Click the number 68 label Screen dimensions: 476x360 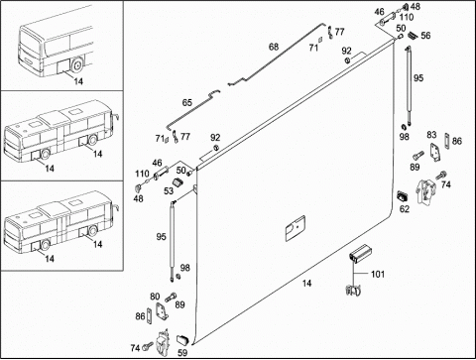(x=274, y=47)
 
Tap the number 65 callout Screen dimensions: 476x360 (x=187, y=103)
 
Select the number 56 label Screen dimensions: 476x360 (x=425, y=36)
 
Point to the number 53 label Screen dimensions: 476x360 (x=169, y=191)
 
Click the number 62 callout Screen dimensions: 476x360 (x=405, y=209)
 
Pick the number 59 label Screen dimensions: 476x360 (x=182, y=353)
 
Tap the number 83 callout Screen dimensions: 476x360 (x=431, y=135)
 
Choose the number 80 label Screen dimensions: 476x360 (x=155, y=297)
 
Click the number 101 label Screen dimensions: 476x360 (x=378, y=274)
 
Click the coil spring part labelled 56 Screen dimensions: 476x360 (x=413, y=35)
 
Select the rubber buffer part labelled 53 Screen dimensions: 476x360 (x=178, y=182)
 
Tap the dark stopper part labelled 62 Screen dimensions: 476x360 (x=403, y=196)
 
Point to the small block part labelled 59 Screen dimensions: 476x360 (x=182, y=339)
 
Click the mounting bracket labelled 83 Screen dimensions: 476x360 (x=435, y=153)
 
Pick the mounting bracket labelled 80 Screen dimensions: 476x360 (x=162, y=311)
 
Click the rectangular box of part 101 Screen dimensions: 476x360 (x=359, y=254)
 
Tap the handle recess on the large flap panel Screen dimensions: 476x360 (x=296, y=228)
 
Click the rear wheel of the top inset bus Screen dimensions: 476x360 (x=77, y=65)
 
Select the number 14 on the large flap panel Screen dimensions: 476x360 (x=306, y=284)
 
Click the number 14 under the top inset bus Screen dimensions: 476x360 (x=78, y=81)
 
